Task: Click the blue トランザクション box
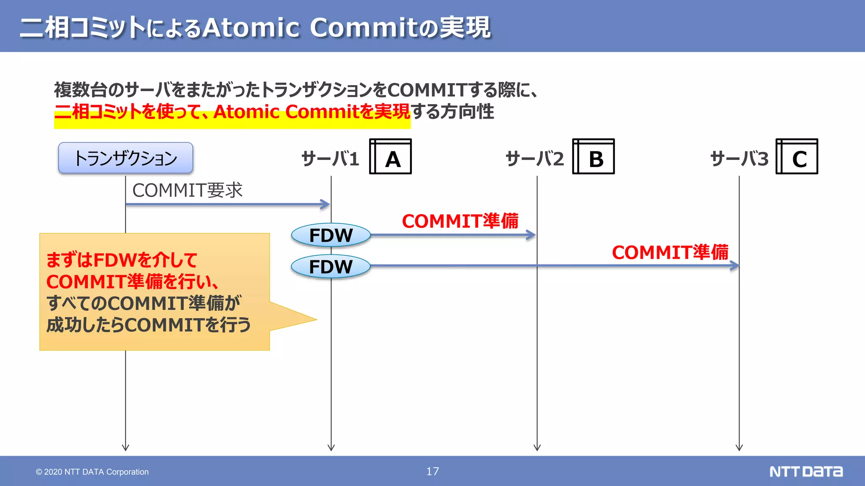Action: click(x=125, y=158)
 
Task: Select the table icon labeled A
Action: click(x=390, y=157)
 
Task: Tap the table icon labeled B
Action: click(x=593, y=157)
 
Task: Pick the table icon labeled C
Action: click(x=797, y=157)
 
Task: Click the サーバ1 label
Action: click(x=330, y=159)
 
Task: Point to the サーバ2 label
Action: click(x=535, y=159)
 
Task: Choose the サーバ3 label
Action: click(x=739, y=159)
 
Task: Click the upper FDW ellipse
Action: click(x=331, y=235)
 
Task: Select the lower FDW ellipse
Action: click(x=331, y=267)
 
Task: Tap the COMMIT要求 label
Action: click(x=187, y=190)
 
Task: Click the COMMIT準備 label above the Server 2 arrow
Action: click(x=460, y=221)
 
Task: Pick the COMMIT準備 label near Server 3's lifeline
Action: click(x=670, y=252)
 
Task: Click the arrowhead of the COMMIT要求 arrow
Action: click(x=326, y=205)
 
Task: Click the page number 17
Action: click(x=432, y=471)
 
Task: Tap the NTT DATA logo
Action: click(x=806, y=471)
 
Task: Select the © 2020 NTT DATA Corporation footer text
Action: click(x=92, y=472)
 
